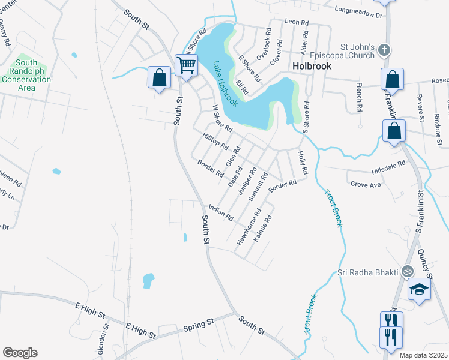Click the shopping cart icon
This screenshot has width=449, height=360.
click(187, 64)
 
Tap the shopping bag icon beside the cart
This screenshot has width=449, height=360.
click(159, 77)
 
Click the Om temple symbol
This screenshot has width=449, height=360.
click(408, 271)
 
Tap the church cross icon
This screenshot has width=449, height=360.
click(385, 51)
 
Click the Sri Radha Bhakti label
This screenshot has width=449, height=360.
click(367, 272)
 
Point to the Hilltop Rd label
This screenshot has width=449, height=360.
click(216, 142)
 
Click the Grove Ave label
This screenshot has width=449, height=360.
click(366, 185)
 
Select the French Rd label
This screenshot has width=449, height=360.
click(360, 98)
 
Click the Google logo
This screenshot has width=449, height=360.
click(20, 353)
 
